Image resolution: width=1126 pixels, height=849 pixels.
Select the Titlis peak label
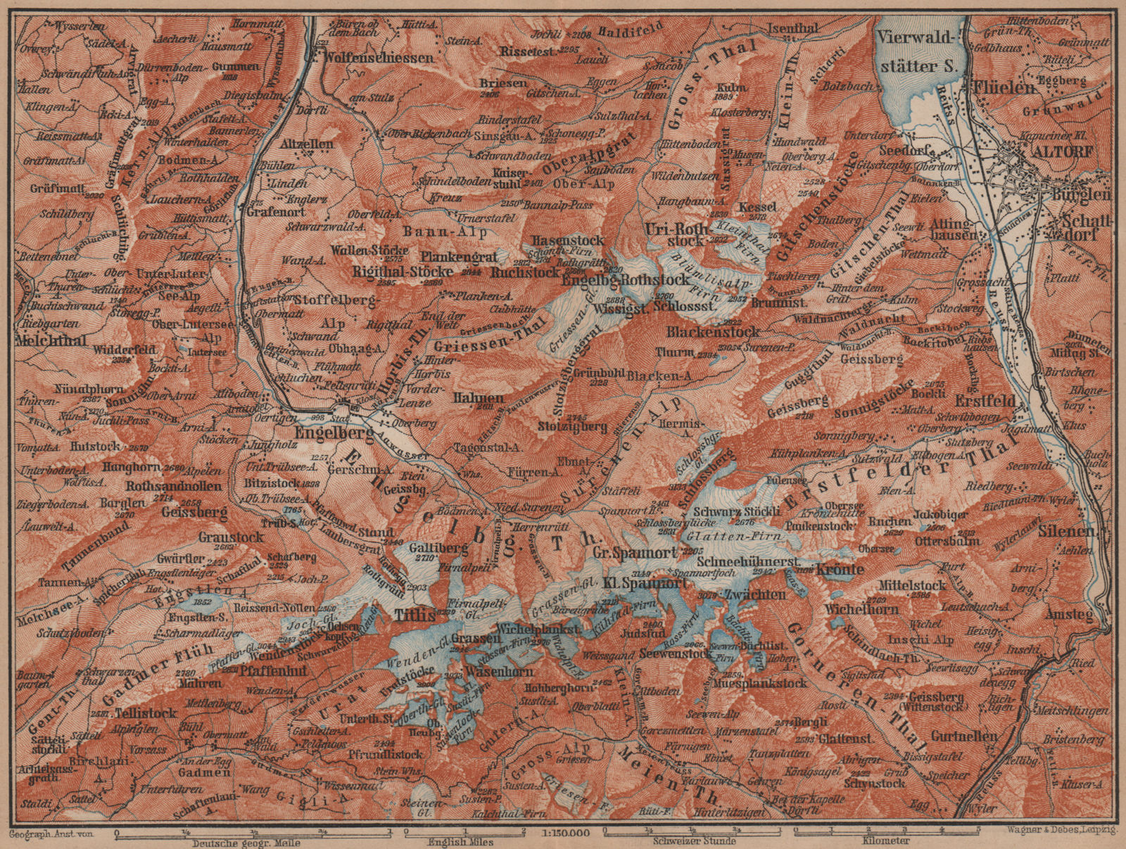point(410,613)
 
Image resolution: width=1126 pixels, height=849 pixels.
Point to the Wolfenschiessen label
point(379,58)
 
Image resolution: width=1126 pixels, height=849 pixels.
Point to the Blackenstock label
point(713,331)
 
